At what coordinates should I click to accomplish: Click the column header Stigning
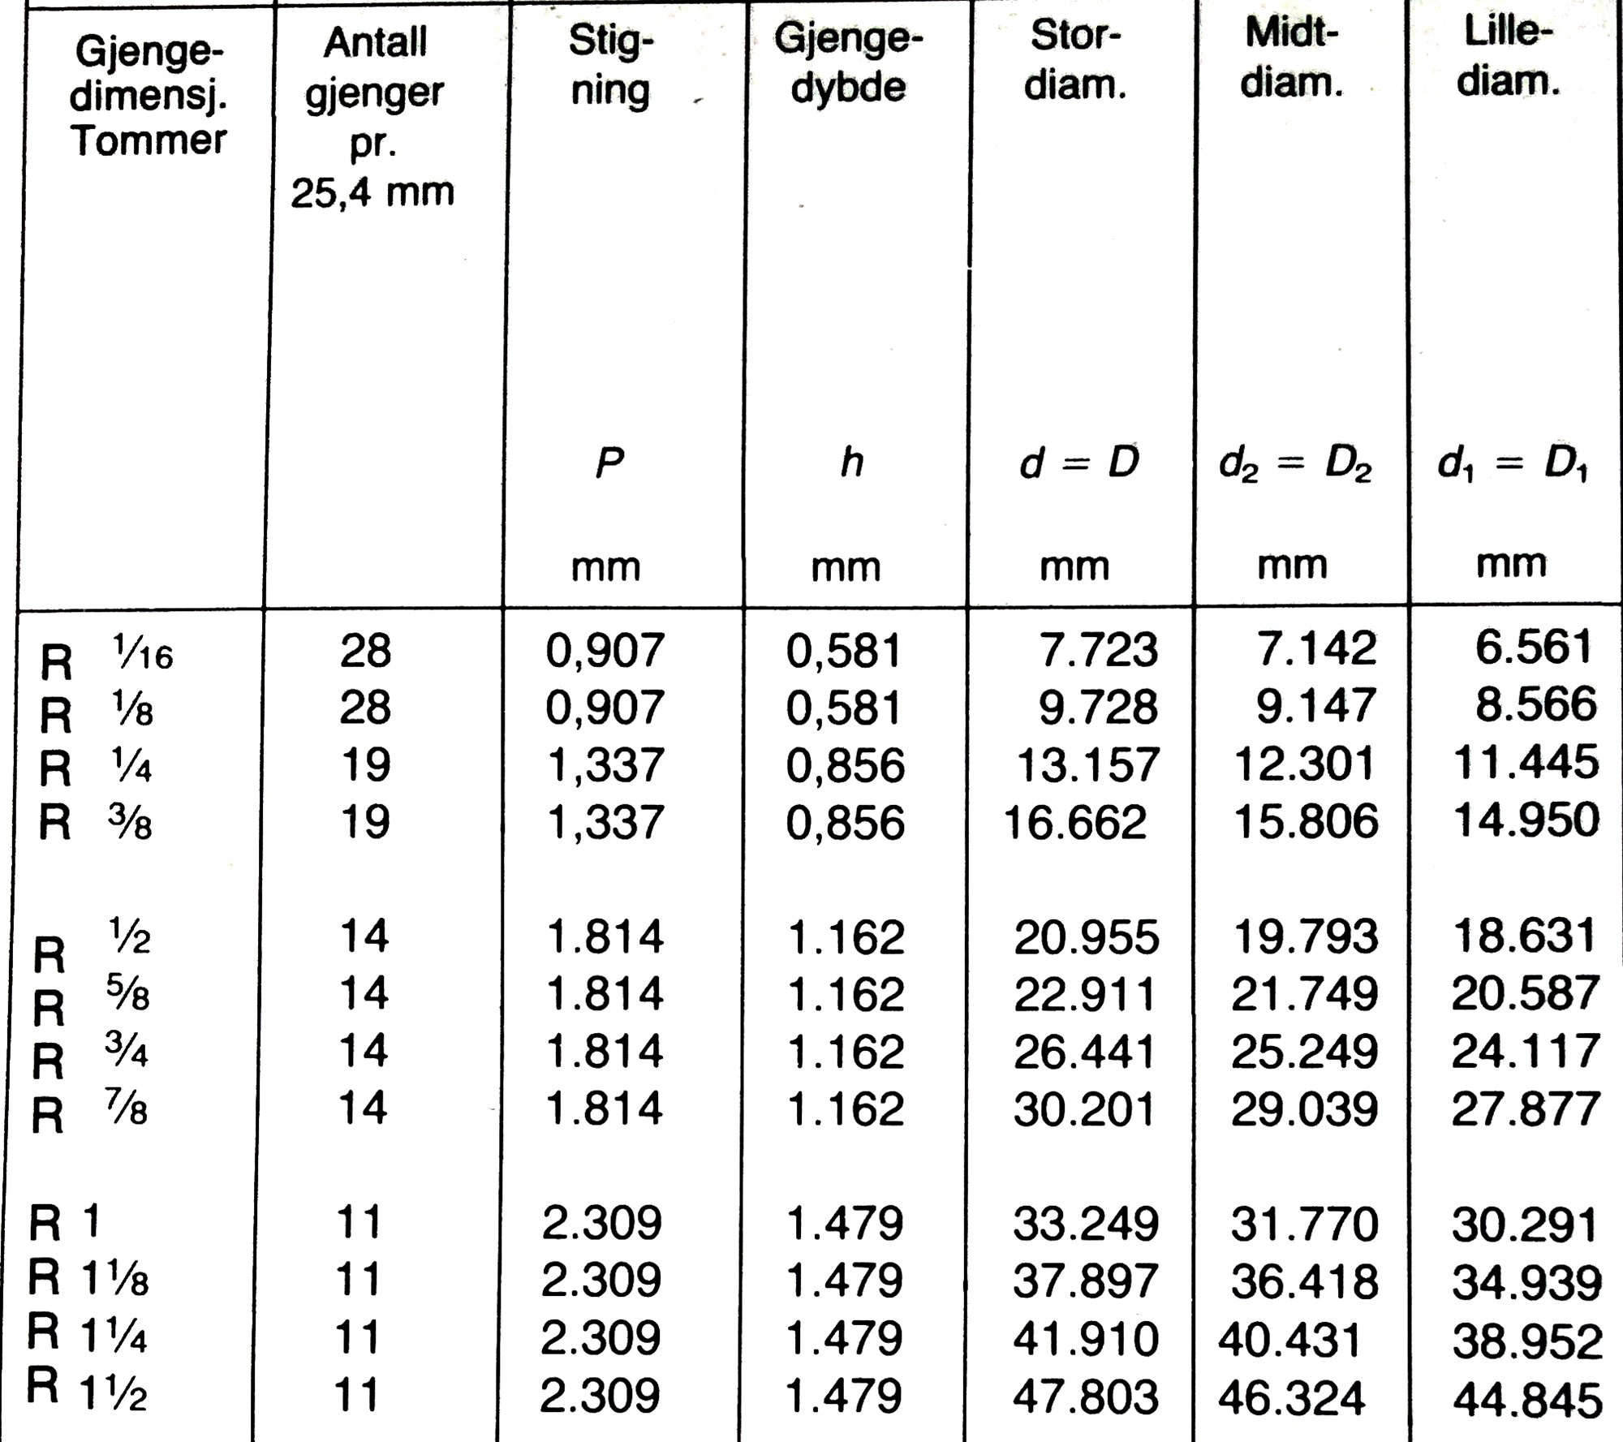(610, 66)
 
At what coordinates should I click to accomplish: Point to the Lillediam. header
(1508, 57)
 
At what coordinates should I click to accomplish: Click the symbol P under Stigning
(609, 463)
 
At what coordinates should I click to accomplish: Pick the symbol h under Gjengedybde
(851, 463)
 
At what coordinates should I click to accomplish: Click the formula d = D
(1079, 463)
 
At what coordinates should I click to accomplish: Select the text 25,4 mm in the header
(372, 193)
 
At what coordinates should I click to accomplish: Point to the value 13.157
(1087, 765)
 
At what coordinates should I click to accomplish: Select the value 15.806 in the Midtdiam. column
(1305, 822)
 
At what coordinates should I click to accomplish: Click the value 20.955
(1086, 937)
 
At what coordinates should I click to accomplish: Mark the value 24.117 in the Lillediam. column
(1525, 1052)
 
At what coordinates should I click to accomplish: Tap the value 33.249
(1085, 1224)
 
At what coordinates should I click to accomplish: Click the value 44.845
(1526, 1399)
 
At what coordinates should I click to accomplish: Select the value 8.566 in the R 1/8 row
(1535, 705)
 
